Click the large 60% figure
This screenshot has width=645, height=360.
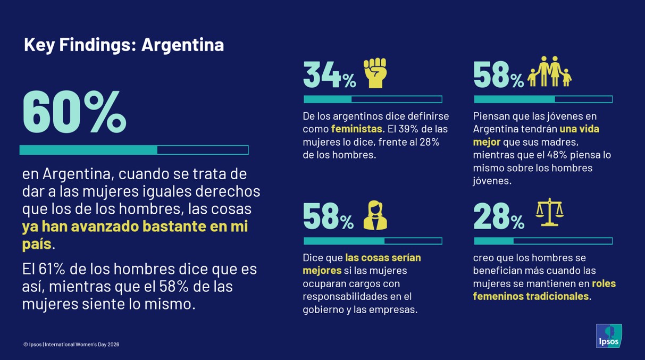[74, 113]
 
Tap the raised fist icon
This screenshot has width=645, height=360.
[375, 73]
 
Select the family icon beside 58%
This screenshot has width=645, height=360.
[549, 72]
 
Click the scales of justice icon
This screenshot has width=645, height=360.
[549, 212]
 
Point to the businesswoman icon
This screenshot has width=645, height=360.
[375, 215]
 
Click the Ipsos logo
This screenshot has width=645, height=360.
[609, 336]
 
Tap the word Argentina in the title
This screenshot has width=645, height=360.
[182, 45]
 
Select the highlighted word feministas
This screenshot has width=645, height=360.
[356, 129]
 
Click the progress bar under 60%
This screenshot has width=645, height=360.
[134, 150]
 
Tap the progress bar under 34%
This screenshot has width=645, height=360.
[372, 99]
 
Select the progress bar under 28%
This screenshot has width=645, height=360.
[543, 241]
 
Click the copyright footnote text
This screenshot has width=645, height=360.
[71, 345]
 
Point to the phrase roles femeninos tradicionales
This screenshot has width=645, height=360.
[545, 290]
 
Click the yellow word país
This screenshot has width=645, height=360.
[37, 245]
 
